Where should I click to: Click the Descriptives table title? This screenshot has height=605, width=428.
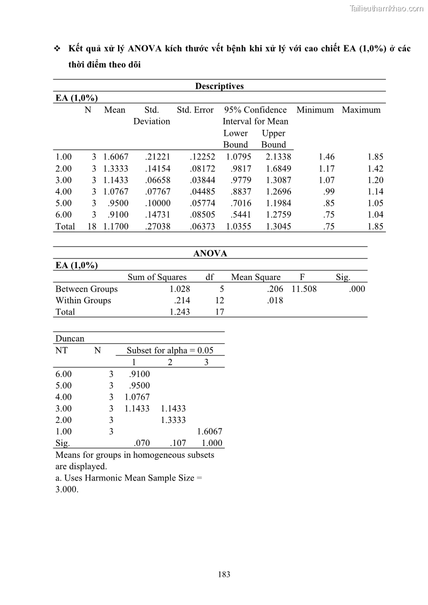coord(219,86)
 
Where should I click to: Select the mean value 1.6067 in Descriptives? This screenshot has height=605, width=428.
coord(116,157)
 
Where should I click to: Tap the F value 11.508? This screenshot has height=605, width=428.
coord(304,289)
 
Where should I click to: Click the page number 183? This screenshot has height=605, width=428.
coord(224,574)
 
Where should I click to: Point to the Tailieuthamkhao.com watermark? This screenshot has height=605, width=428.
coord(386,8)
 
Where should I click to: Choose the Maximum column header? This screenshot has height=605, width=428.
coord(361,110)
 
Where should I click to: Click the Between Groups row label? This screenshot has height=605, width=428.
coord(86,289)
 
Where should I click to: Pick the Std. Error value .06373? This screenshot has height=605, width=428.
coord(202,227)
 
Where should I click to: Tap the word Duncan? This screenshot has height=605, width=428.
coord(70,338)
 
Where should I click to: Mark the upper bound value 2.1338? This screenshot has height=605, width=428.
coord(278,157)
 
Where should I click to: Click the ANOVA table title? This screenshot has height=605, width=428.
coord(210,253)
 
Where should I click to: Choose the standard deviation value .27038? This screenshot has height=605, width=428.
coord(157,227)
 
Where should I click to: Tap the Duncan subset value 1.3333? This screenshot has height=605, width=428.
coord(173,420)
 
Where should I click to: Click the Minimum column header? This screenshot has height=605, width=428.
coord(315,110)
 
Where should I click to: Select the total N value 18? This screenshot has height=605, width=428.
coord(92,227)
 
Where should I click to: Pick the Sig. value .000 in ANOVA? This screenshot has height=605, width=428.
coord(356,289)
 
